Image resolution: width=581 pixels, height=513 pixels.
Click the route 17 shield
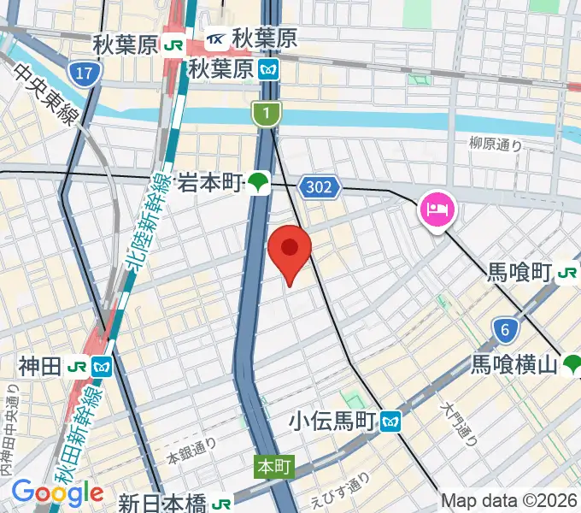pyautogui.click(x=83, y=74)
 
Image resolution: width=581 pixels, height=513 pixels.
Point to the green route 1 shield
pyautogui.click(x=267, y=112)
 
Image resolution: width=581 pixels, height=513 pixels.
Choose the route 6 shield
pyautogui.click(x=506, y=328)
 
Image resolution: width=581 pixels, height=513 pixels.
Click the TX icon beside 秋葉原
pyautogui.click(x=217, y=38)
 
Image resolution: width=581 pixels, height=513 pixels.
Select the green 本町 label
pyautogui.click(x=275, y=468)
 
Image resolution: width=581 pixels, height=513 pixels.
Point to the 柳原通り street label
pyautogui.click(x=496, y=145)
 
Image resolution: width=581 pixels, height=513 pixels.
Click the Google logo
pyautogui.click(x=56, y=492)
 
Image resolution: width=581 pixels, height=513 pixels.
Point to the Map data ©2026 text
pyautogui.click(x=509, y=500)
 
